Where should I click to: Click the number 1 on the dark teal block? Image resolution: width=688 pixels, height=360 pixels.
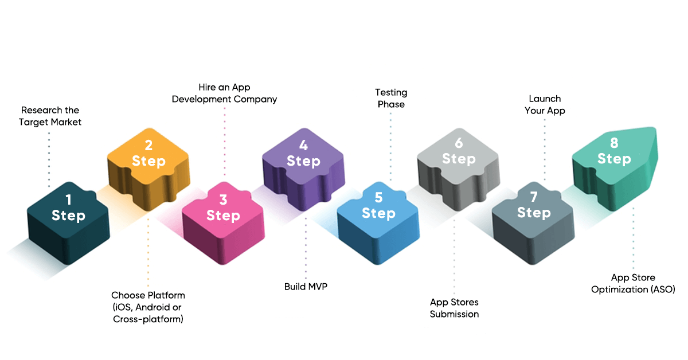coord(69,199)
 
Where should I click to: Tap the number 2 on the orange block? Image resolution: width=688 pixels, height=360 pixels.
coord(148,146)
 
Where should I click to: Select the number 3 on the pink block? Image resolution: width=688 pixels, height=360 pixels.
coord(223,199)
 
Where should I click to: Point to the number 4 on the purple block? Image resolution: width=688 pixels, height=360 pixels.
coord(303,146)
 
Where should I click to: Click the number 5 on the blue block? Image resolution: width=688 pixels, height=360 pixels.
coord(378,198)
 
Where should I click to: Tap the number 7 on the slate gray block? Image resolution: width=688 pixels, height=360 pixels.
coord(534,197)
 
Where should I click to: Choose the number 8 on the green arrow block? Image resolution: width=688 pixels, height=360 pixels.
coord(614,143)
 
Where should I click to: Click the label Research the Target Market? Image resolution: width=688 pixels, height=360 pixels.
coord(50,116)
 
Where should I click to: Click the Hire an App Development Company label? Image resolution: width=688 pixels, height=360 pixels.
coord(224,93)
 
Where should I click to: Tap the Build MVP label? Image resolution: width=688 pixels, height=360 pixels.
coord(306,286)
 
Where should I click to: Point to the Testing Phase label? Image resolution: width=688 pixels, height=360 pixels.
coord(391,98)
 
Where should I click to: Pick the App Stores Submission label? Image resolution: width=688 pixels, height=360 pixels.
coord(454,308)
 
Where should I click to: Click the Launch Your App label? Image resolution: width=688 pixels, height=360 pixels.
coord(545,104)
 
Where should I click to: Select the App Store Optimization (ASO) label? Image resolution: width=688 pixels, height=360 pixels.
coord(633,284)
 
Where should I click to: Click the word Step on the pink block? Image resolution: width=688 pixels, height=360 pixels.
coord(223,216)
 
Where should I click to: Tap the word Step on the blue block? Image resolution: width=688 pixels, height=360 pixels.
coord(378,213)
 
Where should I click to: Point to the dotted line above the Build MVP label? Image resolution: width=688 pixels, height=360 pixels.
coord(306,246)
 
